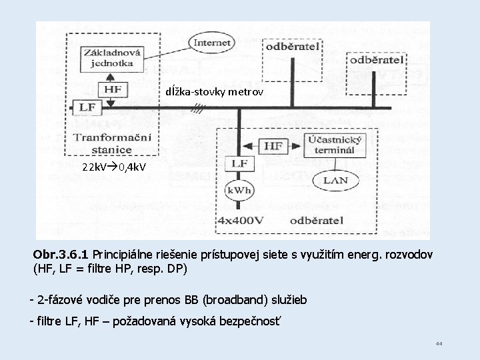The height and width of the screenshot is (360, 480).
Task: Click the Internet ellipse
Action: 212,43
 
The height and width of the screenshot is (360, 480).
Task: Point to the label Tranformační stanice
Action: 112,142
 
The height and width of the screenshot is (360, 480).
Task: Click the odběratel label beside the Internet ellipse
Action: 293,47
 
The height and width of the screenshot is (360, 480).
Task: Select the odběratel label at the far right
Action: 377,60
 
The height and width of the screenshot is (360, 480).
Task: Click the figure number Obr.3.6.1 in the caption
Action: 61,255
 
